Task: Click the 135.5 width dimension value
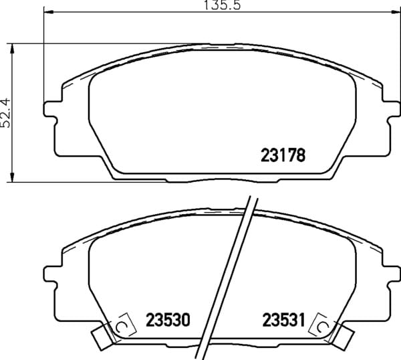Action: coord(223,5)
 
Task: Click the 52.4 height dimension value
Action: coord(5,113)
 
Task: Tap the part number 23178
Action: coord(283,155)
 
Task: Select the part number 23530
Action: coord(168,320)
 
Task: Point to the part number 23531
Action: coord(284,320)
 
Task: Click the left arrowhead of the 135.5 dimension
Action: coord(49,11)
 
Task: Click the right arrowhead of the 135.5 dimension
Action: coord(396,11)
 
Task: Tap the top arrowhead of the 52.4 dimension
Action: coord(11,48)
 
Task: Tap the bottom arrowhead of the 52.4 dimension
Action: coord(11,177)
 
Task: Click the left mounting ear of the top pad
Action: coord(50,109)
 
